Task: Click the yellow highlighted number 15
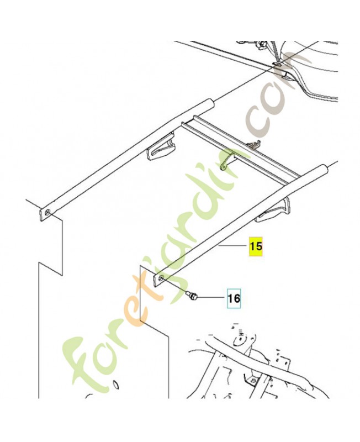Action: pyautogui.click(x=256, y=246)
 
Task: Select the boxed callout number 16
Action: pyautogui.click(x=234, y=298)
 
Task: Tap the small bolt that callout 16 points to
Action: pyautogui.click(x=192, y=296)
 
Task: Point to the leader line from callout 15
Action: pyautogui.click(x=232, y=246)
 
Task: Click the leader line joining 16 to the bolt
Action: pyautogui.click(x=211, y=298)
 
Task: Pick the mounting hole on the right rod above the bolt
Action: pyautogui.click(x=161, y=279)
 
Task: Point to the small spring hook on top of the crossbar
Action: pyautogui.click(x=254, y=144)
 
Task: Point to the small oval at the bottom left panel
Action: pyautogui.click(x=115, y=384)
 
